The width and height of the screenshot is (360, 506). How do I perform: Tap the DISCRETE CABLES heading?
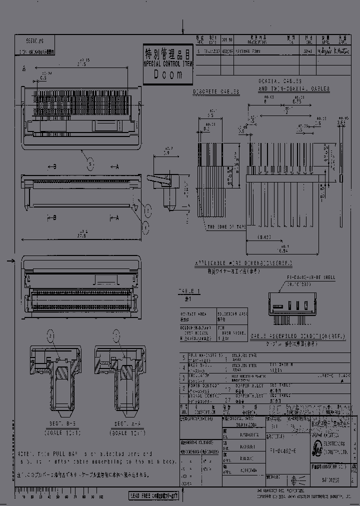pyautogui.click(x=216, y=92)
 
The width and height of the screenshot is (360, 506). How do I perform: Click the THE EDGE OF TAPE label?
pyautogui.click(x=226, y=226)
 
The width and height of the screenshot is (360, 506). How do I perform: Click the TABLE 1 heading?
pyautogui.click(x=189, y=290)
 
